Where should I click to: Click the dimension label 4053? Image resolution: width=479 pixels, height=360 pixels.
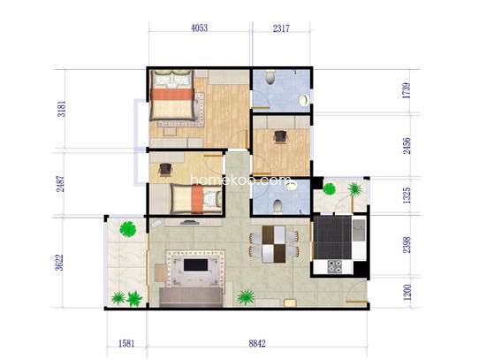click(199, 28)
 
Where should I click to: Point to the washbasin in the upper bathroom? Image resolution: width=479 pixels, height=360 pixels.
click(302, 97)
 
